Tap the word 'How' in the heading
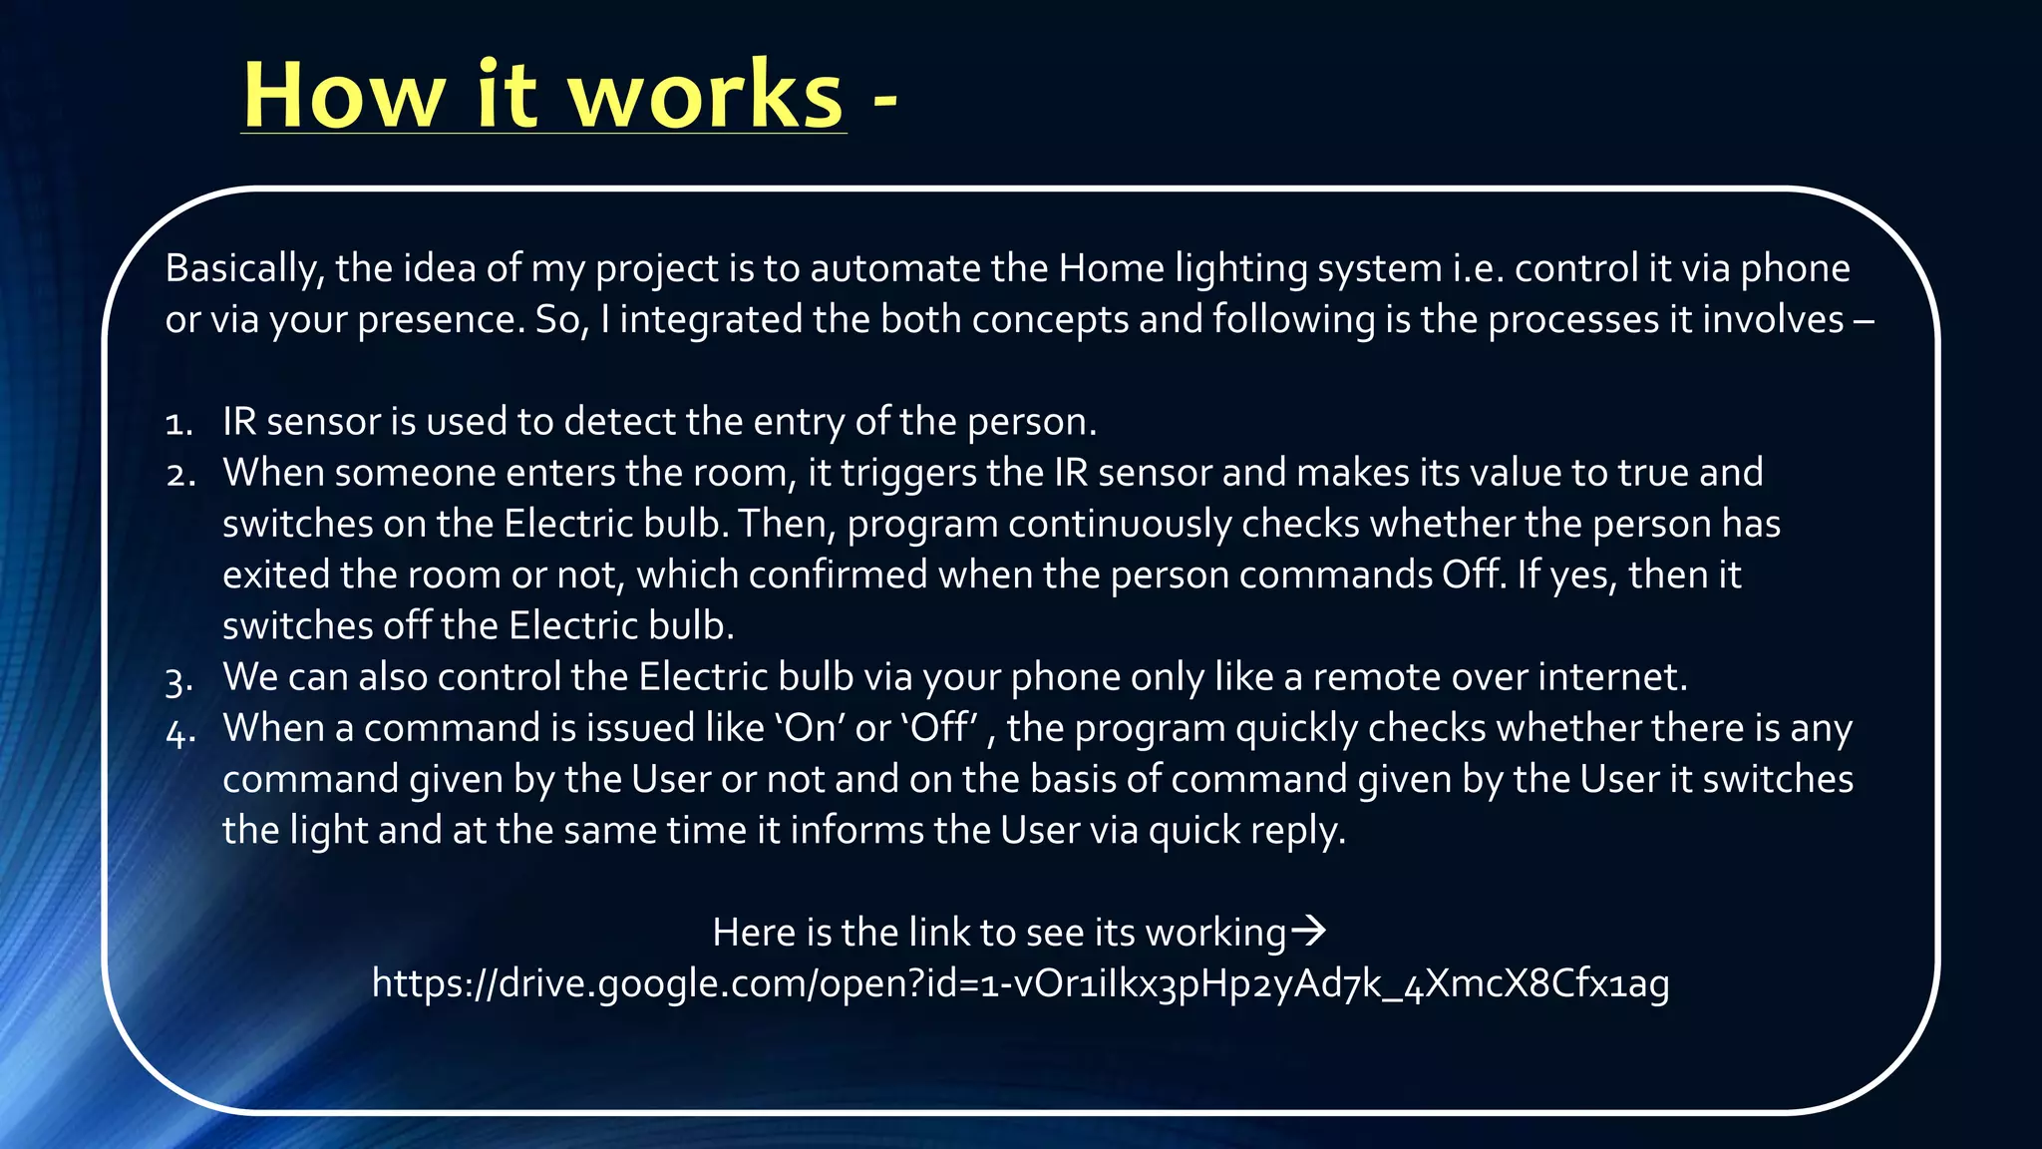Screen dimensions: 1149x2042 coord(344,96)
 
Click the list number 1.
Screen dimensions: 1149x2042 coord(178,424)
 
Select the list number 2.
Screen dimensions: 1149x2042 coord(180,475)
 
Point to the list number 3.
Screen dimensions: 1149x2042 coord(179,681)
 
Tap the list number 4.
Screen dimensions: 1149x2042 coord(180,732)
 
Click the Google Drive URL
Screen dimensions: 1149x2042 coord(1020,983)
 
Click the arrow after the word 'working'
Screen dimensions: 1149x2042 coord(1309,932)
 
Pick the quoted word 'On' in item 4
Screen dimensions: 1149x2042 coord(810,728)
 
